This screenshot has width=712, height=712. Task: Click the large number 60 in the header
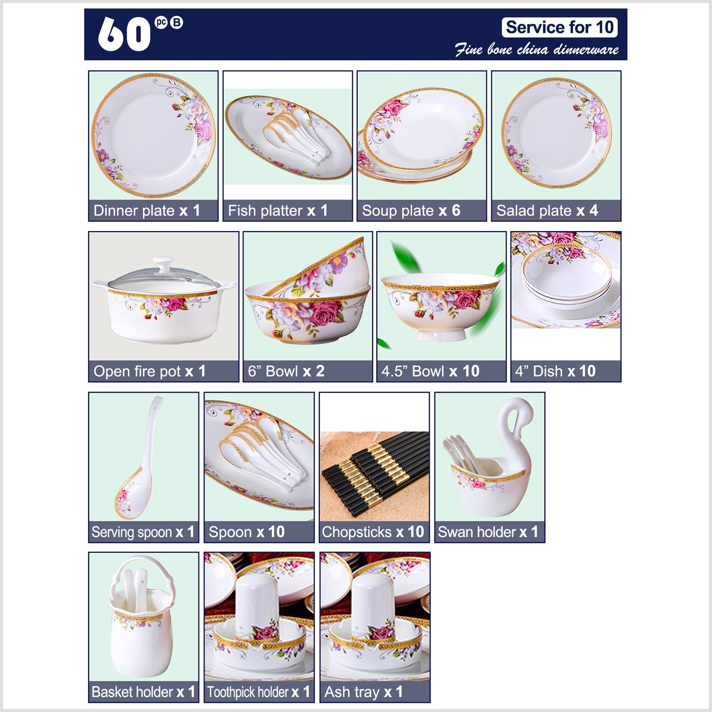tap(124, 34)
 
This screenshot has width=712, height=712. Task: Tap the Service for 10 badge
tap(559, 27)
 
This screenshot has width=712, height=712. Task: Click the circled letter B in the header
tap(176, 23)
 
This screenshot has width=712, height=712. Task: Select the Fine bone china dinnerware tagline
tap(537, 49)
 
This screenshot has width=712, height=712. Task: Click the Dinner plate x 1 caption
tap(147, 210)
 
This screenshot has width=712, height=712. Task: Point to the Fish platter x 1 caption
tap(278, 210)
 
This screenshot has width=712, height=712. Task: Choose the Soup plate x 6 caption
tap(411, 210)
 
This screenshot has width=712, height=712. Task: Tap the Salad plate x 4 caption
tap(547, 210)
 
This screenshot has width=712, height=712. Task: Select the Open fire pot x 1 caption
tap(149, 372)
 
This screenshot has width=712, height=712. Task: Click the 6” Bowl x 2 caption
tap(286, 372)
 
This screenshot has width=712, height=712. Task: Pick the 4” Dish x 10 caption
tap(555, 372)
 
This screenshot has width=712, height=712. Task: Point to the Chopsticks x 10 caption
tap(373, 532)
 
